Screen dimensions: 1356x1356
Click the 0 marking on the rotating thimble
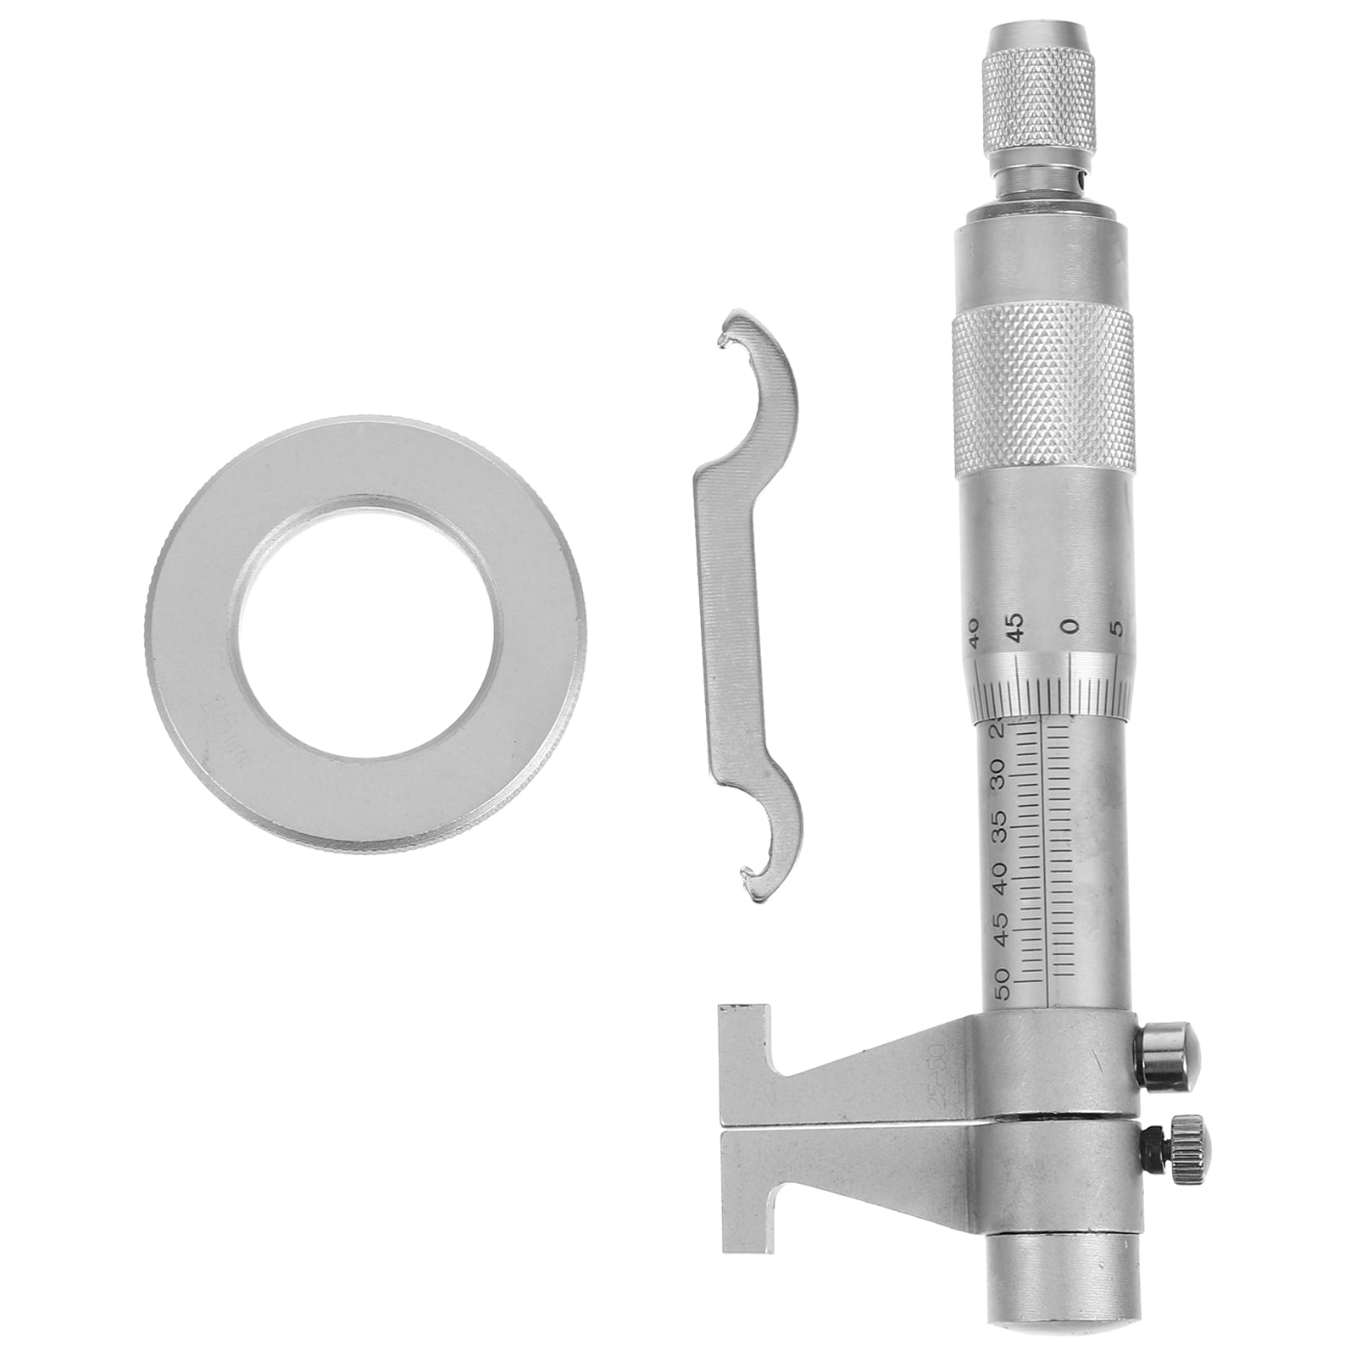[1073, 626]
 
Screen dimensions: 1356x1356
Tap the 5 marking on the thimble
[1118, 628]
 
